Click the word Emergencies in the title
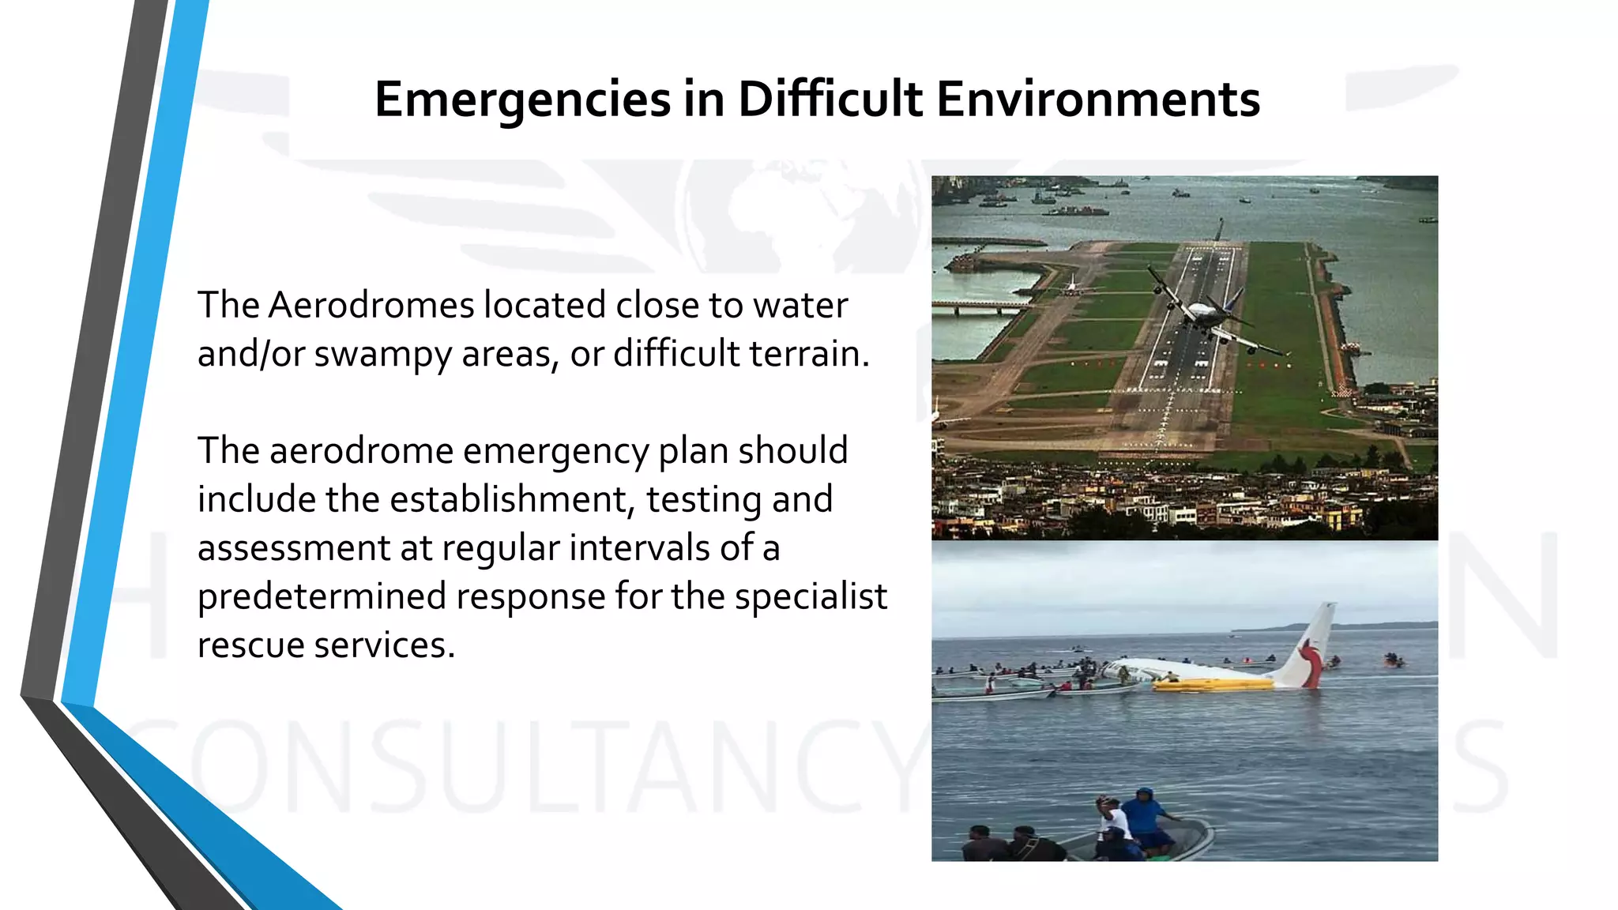click(x=522, y=100)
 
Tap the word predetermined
click(x=322, y=597)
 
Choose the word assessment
click(x=294, y=548)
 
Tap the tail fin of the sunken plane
click(x=1311, y=644)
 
